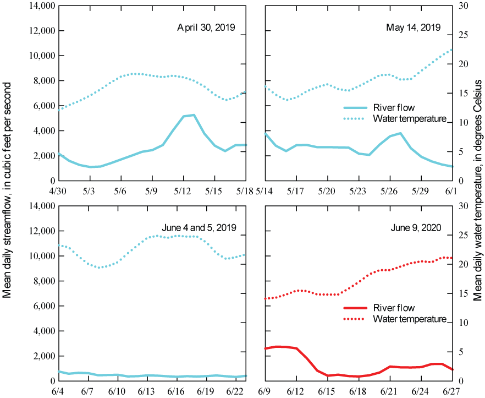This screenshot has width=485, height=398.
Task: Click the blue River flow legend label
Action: pyautogui.click(x=394, y=108)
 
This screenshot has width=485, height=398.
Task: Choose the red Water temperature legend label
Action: pyautogui.click(x=409, y=319)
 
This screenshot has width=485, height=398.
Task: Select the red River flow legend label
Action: pyautogui.click(x=394, y=308)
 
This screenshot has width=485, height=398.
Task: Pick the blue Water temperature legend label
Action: pyautogui.click(x=409, y=118)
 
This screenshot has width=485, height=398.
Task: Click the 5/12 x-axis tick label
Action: pyautogui.click(x=183, y=190)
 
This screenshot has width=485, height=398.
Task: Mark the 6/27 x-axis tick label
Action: pyautogui.click(x=451, y=391)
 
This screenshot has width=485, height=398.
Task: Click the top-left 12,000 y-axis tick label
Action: pyautogui.click(x=41, y=31)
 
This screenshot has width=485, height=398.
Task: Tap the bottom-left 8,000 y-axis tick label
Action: pyautogui.click(x=43, y=281)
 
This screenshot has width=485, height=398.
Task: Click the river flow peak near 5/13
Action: pyautogui.click(x=194, y=115)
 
